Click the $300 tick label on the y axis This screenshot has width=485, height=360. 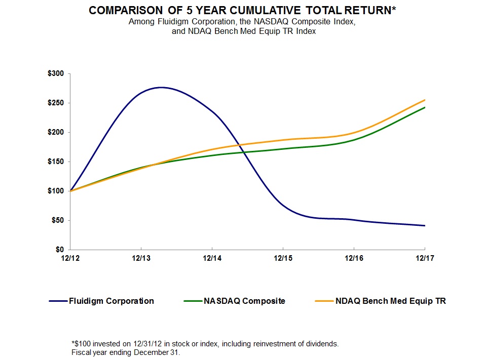click(x=56, y=74)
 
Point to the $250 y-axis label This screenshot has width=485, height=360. click(x=56, y=103)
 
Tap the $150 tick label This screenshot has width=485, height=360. click(x=56, y=162)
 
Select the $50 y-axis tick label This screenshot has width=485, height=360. click(x=58, y=221)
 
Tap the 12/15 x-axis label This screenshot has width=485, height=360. click(x=282, y=258)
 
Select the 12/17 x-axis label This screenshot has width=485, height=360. click(x=424, y=258)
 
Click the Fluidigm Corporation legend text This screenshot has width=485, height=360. click(x=111, y=301)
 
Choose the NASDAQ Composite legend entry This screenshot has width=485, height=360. click(x=244, y=301)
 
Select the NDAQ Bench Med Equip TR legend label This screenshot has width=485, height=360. click(x=391, y=301)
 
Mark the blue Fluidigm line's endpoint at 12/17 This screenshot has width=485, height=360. click(x=424, y=226)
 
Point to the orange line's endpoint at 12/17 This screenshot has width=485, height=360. click(x=424, y=100)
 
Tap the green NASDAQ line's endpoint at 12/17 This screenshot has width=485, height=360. click(x=424, y=107)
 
